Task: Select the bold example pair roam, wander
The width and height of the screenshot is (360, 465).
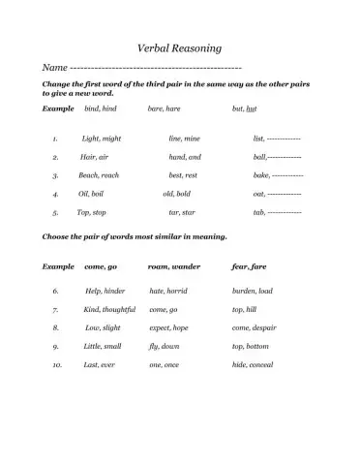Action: click(174, 264)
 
